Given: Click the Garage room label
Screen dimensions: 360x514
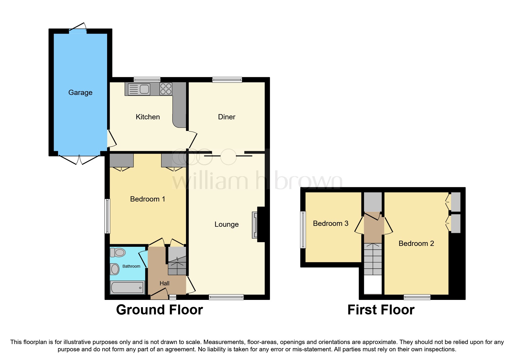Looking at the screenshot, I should coord(80,92).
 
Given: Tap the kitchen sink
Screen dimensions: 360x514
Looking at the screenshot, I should coord(139,89).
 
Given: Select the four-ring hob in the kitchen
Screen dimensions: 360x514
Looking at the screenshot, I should coord(166,89).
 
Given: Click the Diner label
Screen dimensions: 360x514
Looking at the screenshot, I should coord(226,117).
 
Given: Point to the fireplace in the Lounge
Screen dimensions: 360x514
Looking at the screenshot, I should coord(255,225).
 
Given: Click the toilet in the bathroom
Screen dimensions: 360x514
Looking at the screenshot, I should coord(118,252).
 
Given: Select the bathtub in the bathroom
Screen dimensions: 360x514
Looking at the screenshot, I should coord(127,287).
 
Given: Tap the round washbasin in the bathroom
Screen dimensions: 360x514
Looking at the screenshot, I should coord(115,269).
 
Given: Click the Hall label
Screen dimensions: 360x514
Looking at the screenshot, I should coord(164,283).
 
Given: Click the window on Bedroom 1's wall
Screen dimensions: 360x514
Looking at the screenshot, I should coord(107,216).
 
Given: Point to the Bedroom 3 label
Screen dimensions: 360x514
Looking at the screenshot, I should coord(331,223).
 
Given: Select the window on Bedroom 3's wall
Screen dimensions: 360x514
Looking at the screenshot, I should coord(303,230).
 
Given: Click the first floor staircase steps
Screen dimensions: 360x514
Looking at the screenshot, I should coord(373,259).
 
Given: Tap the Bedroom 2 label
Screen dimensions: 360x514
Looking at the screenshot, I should coord(416,243).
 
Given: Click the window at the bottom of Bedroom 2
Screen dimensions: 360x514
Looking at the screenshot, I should coord(417,297).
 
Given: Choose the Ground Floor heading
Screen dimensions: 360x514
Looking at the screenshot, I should coord(159,310).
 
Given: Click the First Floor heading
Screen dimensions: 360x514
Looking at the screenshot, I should coord(381,310).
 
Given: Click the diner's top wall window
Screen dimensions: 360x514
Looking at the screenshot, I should coord(227,80).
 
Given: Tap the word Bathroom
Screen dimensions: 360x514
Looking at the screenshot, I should coord(131,266).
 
